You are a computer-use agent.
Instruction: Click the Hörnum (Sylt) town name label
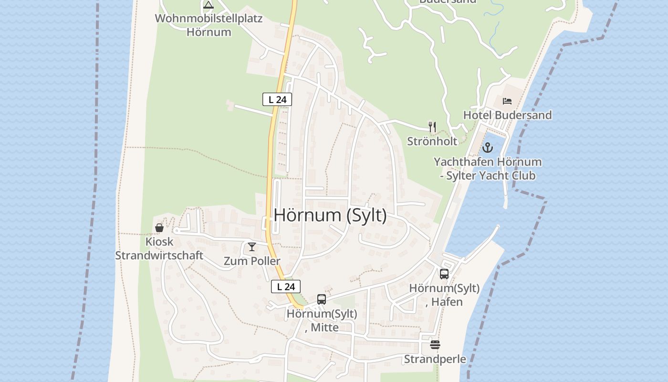[330, 215]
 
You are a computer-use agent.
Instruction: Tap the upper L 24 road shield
[277, 99]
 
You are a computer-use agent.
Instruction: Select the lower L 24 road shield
[286, 286]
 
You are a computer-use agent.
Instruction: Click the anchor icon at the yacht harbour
[487, 148]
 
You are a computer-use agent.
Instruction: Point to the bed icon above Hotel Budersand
[507, 101]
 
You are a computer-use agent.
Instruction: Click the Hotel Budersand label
[507, 115]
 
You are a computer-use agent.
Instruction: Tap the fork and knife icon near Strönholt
[432, 127]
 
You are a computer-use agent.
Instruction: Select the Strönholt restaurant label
[432, 141]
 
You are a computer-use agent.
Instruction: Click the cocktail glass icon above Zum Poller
[252, 247]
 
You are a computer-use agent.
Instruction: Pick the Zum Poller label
[252, 261]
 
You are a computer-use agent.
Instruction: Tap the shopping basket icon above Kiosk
[159, 228]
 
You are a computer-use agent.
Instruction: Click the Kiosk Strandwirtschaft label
[159, 248]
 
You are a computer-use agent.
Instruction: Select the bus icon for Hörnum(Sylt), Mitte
[322, 299]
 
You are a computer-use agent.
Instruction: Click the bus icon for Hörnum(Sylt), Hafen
[444, 274]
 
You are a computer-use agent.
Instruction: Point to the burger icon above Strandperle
[435, 345]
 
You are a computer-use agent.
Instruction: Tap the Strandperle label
[435, 359]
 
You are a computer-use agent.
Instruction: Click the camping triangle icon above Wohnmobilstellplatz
[209, 5]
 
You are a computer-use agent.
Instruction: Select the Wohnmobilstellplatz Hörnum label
[209, 25]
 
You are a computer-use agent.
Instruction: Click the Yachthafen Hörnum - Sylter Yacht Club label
[487, 169]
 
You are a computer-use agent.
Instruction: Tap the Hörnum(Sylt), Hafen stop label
[444, 295]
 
